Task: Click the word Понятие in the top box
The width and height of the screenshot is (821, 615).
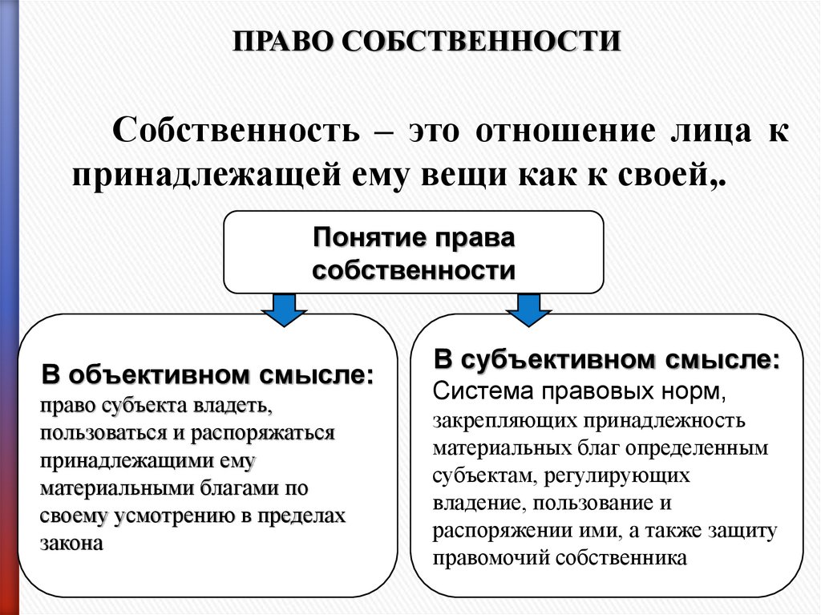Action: pos(368,238)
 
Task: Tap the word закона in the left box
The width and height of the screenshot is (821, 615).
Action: pos(71,543)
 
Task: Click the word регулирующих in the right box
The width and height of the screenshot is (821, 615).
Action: pos(617,475)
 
